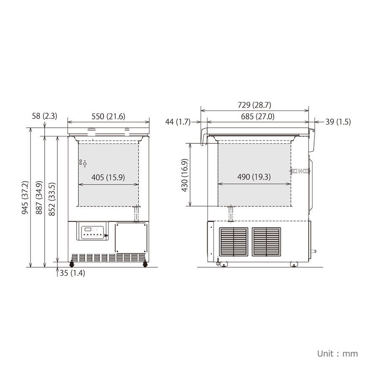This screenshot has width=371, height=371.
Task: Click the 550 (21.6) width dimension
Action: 109,117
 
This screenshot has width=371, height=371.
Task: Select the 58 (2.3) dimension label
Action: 44,116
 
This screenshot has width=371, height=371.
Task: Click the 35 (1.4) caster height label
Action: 72,273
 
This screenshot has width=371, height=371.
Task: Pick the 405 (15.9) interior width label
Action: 109,177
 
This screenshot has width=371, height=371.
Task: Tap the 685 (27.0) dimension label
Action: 255,117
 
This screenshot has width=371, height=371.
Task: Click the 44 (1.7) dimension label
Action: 177,122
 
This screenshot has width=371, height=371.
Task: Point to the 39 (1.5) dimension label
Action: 338,122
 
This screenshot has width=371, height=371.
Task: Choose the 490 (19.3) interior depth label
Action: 254,177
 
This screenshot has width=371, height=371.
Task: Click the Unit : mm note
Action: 337,353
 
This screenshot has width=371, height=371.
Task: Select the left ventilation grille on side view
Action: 233,242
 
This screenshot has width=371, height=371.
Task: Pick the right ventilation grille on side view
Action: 266,242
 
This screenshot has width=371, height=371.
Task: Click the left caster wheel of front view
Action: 71,264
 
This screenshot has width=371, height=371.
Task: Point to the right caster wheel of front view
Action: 145,264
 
